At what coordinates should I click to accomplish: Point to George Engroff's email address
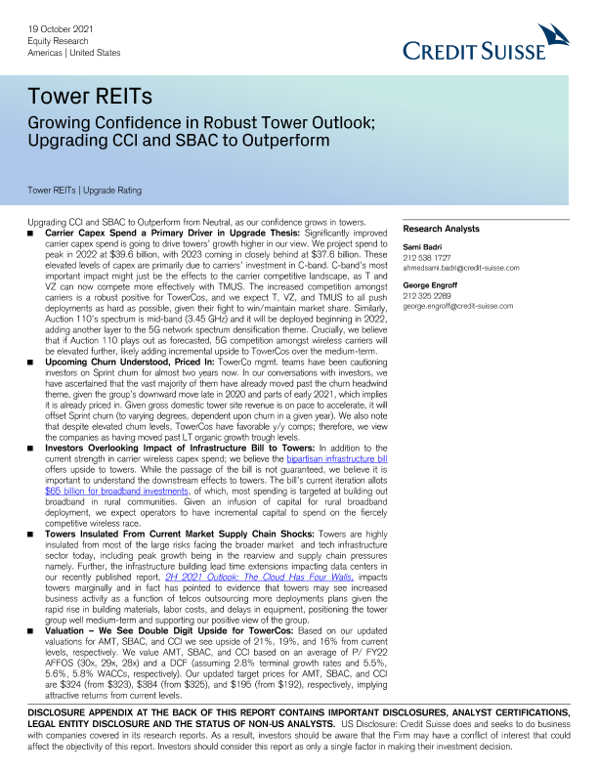coord(457,306)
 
